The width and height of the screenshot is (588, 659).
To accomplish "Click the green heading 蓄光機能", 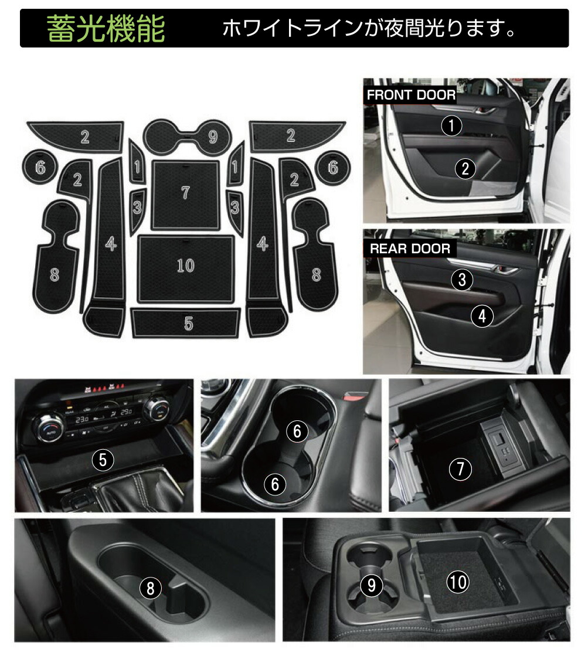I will point(106,29).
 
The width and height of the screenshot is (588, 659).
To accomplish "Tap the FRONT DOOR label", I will point(410,95).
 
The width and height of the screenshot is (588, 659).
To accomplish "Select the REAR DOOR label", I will point(410,248).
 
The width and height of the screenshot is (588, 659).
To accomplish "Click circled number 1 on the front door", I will point(451,125).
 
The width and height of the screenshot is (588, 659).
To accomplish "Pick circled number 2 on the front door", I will point(465,169).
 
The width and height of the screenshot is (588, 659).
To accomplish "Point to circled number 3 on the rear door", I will point(463,280).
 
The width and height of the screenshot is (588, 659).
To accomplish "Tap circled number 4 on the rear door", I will point(482,317).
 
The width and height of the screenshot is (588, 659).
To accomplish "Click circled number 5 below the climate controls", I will point(103,460).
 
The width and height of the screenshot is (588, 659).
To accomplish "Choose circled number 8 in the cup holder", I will point(151,587).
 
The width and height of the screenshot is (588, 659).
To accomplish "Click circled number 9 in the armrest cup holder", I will point(371,584).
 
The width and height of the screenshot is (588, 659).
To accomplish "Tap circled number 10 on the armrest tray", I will point(458,582).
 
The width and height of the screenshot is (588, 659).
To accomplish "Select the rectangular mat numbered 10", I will point(185,267).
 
